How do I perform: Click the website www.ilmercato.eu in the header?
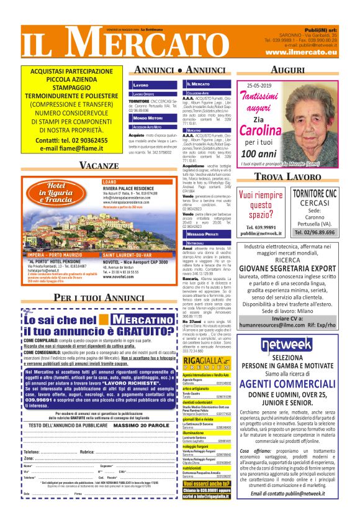(x=301, y=53)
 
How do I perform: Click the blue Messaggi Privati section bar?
(x=203, y=234)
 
